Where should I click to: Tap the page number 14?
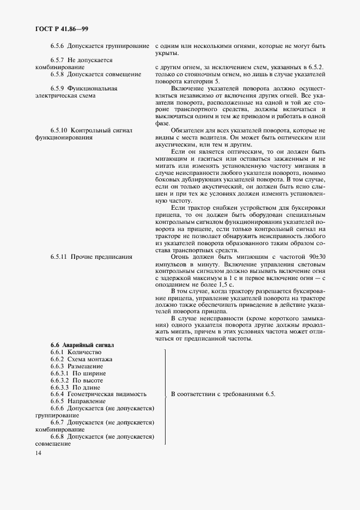[38, 453]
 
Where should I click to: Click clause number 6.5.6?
[58, 47]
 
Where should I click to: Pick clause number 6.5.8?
[58, 74]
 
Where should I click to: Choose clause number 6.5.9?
[58, 88]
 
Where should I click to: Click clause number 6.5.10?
[59, 131]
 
